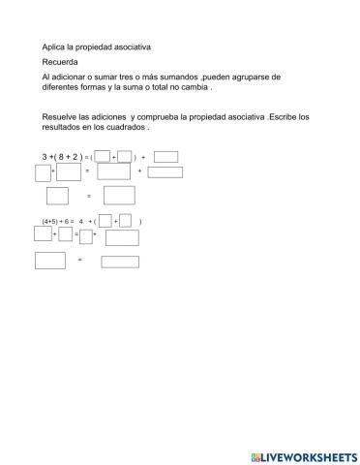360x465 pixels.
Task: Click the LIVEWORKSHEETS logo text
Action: [309, 454]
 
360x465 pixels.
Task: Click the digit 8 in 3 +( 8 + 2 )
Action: [63, 156]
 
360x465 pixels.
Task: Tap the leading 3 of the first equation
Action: [45, 156]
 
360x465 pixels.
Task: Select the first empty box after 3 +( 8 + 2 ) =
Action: [103, 156]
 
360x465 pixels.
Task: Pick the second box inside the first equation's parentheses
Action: [124, 156]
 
